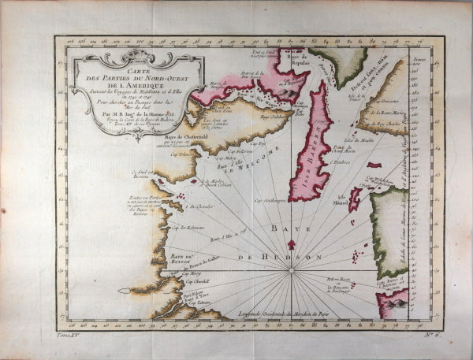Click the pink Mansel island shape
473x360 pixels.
click(x=354, y=199)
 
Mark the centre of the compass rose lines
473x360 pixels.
click(x=291, y=270)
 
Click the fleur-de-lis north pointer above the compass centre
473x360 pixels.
click(x=291, y=255)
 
